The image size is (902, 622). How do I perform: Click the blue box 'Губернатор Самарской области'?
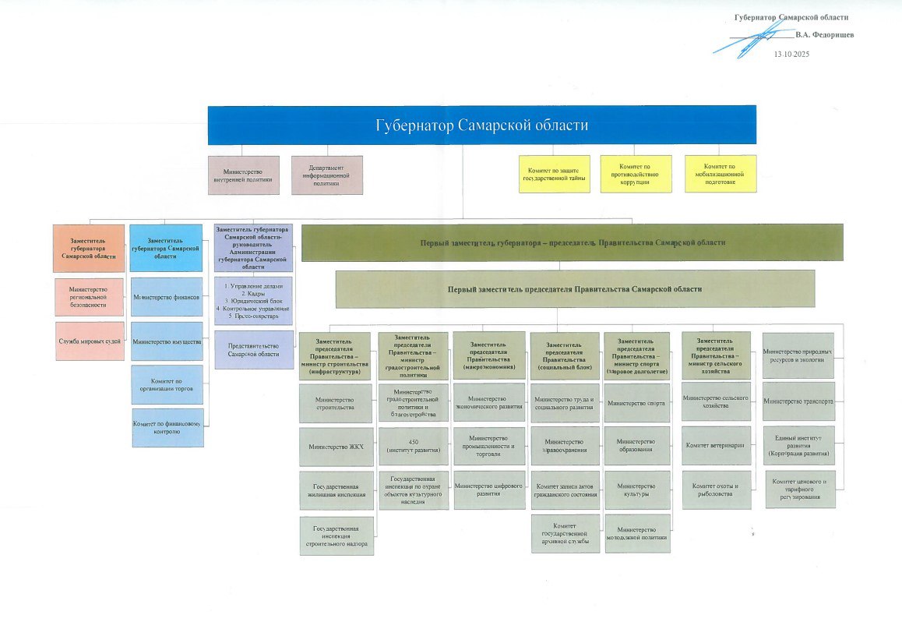(481, 125)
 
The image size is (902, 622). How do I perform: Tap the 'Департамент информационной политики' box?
(326, 175)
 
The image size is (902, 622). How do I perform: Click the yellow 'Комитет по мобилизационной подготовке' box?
(720, 174)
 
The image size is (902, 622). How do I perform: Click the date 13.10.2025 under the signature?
(791, 54)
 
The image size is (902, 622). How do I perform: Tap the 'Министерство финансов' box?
(167, 298)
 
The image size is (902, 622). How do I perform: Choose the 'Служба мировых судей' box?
(90, 341)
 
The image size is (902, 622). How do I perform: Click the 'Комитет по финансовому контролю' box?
(168, 428)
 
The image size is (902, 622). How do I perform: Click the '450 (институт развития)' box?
(412, 447)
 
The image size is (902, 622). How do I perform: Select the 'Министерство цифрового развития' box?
(488, 489)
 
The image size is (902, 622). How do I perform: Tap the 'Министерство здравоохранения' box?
(565, 447)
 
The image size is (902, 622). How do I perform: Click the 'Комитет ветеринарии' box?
(717, 446)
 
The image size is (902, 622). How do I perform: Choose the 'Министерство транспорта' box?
(798, 402)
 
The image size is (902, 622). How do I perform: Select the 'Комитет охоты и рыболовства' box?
(717, 489)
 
